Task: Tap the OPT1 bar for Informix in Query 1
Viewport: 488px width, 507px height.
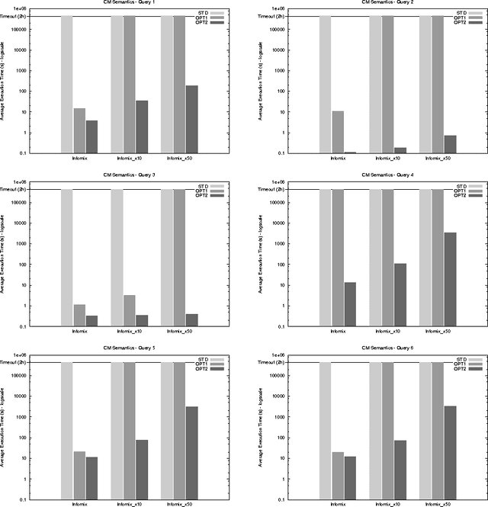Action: [x=79, y=130]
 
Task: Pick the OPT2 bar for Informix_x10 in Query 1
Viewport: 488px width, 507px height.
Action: [x=142, y=127]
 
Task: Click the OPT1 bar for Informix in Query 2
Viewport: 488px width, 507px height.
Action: [x=338, y=132]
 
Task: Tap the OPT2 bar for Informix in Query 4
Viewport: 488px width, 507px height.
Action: [x=350, y=304]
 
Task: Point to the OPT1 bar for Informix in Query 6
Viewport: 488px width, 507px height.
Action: [x=338, y=476]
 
